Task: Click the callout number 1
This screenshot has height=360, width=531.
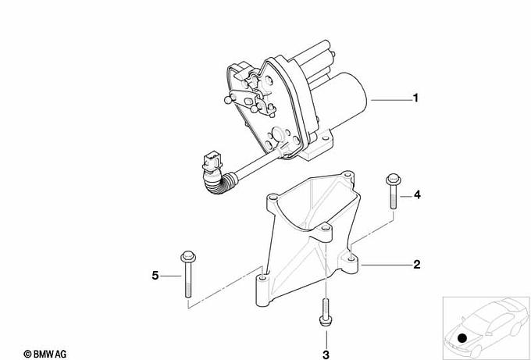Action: click(415, 98)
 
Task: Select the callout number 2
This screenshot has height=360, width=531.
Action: click(416, 264)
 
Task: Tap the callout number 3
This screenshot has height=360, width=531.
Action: click(326, 355)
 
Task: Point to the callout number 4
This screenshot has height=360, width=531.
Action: click(417, 194)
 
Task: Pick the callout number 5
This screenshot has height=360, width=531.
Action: click(155, 276)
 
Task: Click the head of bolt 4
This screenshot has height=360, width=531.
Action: click(393, 180)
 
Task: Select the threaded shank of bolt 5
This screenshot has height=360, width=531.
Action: click(188, 280)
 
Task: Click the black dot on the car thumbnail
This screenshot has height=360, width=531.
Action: click(462, 338)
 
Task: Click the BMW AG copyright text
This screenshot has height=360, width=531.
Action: click(45, 355)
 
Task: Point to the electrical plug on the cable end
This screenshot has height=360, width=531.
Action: click(212, 162)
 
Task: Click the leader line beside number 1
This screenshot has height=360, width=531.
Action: click(391, 100)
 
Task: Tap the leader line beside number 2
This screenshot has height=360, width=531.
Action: click(387, 265)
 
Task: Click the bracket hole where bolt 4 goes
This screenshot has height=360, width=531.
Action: click(351, 259)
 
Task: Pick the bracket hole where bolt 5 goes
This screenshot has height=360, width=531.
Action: click(263, 278)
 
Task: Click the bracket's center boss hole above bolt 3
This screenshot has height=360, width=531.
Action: click(324, 228)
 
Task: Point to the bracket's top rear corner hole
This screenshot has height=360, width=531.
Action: click(347, 176)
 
